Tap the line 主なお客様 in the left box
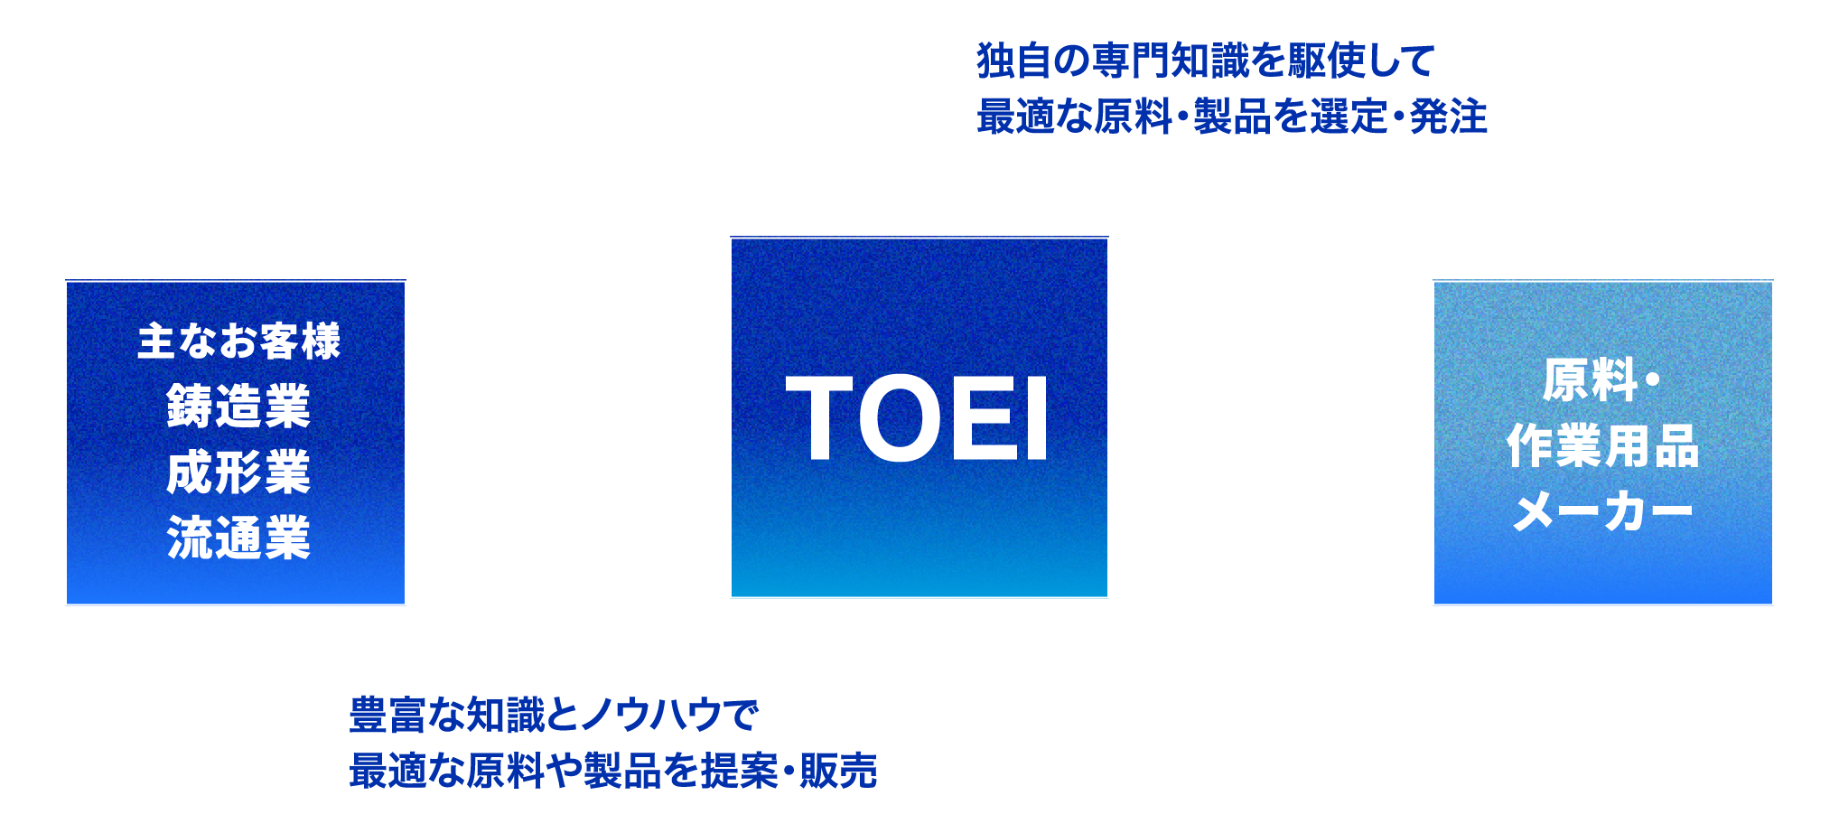[x=239, y=342]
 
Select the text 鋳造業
[x=238, y=407]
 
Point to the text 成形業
[x=238, y=473]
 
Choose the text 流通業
[x=238, y=538]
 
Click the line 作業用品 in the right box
[x=1603, y=446]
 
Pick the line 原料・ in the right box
[x=1601, y=380]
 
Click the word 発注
[x=1448, y=117]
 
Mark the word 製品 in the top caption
[x=1232, y=117]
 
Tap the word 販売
[x=838, y=771]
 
